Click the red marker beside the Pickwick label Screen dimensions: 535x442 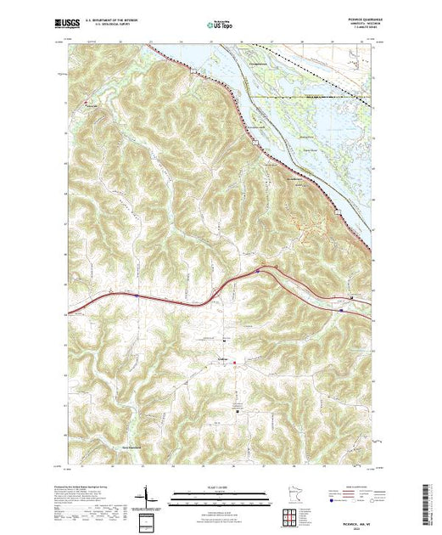[x=235, y=363]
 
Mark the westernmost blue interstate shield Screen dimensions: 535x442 [x=137, y=296]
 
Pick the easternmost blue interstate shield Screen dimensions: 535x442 [x=341, y=310]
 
